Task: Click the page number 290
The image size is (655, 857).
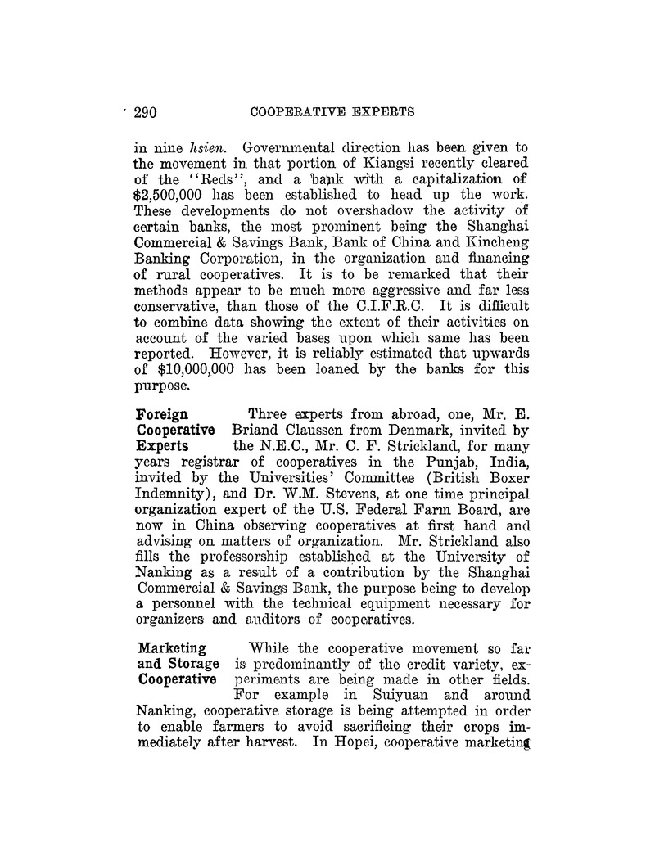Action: click(x=149, y=112)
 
